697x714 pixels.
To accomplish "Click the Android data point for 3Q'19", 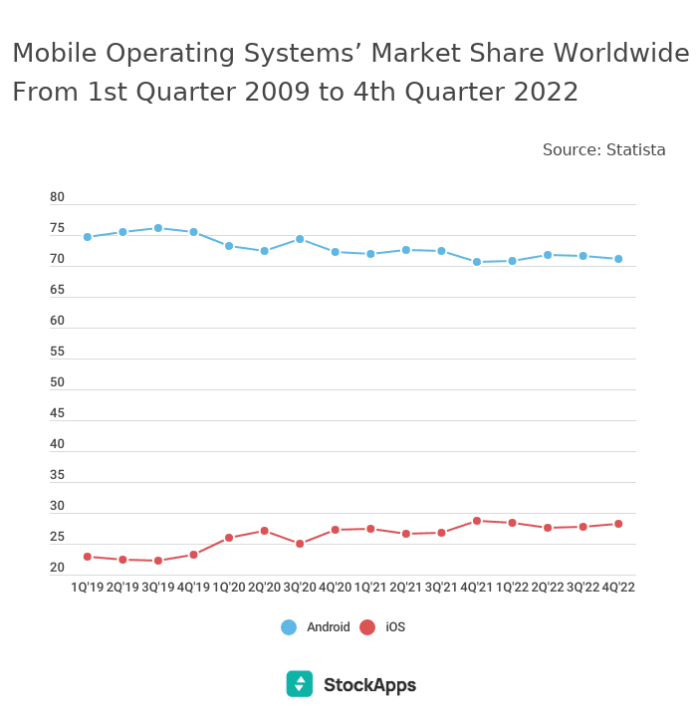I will click(158, 228).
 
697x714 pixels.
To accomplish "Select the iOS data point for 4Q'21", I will click(477, 521).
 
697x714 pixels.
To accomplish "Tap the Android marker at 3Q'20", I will click(300, 239).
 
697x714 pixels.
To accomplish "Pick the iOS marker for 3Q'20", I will click(300, 544).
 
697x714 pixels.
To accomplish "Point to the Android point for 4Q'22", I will click(618, 259).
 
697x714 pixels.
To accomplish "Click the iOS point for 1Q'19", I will click(88, 557).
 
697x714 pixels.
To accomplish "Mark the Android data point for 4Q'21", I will click(477, 262).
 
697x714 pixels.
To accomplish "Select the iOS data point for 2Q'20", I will click(264, 531).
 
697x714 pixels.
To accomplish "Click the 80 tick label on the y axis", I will click(57, 197).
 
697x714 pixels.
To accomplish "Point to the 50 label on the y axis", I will click(57, 382).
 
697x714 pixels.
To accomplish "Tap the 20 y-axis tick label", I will click(57, 568).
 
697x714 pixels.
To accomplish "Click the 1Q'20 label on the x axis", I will click(229, 588).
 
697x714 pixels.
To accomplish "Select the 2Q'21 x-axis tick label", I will click(405, 588).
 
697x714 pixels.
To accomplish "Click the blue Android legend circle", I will click(289, 627).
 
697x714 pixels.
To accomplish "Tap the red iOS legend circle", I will click(367, 627).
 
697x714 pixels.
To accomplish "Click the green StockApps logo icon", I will click(299, 684).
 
